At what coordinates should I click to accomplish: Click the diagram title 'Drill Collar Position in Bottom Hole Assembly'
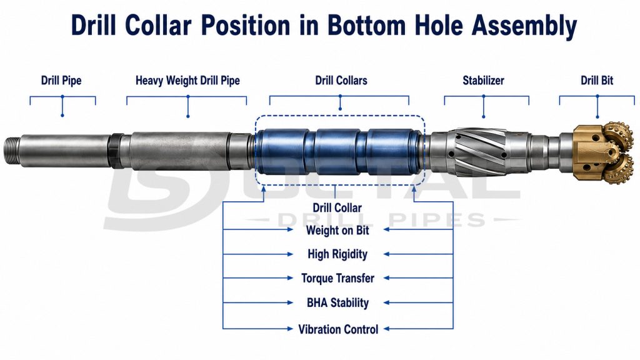click(324, 25)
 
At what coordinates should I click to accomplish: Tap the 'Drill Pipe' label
click(61, 81)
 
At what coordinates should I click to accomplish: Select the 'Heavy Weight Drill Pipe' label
click(187, 81)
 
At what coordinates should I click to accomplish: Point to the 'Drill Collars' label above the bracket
click(341, 81)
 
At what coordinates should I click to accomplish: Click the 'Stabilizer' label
click(483, 81)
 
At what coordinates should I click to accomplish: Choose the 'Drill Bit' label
click(597, 81)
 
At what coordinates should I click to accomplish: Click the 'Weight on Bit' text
click(337, 230)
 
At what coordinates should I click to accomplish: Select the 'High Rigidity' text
click(337, 254)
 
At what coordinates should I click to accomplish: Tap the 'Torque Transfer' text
click(337, 278)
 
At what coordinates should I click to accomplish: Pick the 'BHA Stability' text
click(337, 303)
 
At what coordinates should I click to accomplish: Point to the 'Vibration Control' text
click(338, 329)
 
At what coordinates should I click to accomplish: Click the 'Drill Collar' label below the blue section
click(337, 207)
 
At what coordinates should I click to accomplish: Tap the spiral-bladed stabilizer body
click(478, 152)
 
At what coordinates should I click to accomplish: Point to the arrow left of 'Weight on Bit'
click(258, 230)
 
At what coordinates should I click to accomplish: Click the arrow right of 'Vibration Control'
click(418, 328)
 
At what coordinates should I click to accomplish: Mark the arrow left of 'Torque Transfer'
click(258, 278)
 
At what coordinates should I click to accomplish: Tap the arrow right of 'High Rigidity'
click(418, 254)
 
